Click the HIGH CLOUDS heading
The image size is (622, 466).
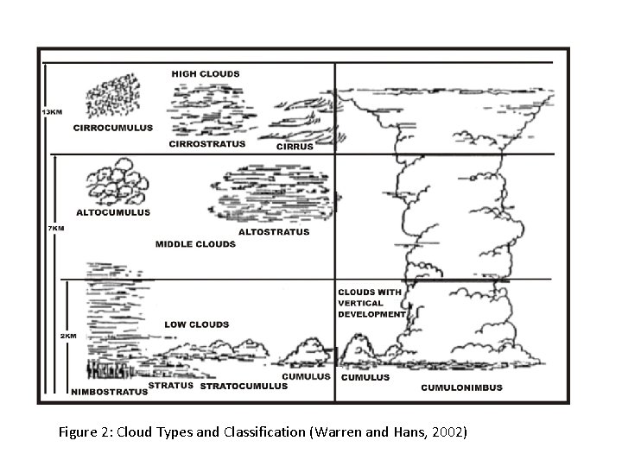[206, 74]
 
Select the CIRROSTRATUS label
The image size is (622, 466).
[207, 144]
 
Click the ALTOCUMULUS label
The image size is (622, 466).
[114, 211]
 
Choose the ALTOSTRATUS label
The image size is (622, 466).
[273, 232]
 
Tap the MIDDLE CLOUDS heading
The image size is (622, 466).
[195, 244]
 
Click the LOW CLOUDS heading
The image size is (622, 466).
[197, 324]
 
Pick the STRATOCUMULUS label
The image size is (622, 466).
[244, 387]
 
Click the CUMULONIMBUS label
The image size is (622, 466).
[461, 387]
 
